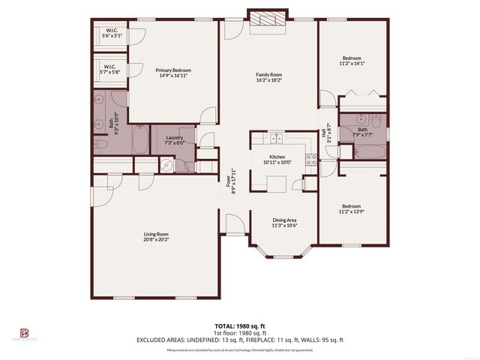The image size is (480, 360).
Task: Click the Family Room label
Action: (x=268, y=74)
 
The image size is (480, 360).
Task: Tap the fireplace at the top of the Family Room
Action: (x=268, y=21)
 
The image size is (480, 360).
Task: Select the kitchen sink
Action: (x=276, y=138)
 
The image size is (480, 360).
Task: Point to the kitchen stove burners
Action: (x=310, y=157)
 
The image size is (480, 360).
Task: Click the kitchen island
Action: (x=275, y=182)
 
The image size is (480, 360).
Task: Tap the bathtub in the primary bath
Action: (x=140, y=140)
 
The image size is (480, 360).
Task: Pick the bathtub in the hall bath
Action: (x=370, y=152)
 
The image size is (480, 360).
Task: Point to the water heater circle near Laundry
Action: (x=167, y=166)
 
